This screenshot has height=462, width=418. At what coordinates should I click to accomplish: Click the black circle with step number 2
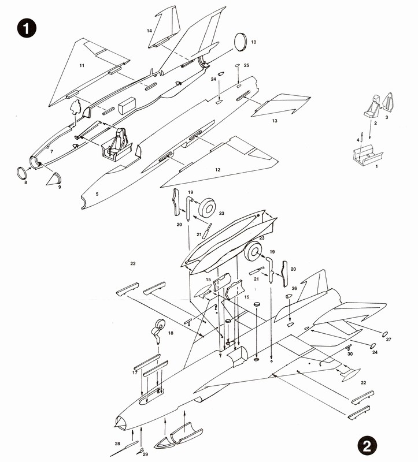pos(368,445)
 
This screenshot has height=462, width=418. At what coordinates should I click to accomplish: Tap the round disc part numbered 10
pos(241,40)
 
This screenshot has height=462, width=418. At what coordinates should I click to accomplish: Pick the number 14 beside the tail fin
pos(149,31)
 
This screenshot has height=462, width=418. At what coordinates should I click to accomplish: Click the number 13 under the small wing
pos(275,121)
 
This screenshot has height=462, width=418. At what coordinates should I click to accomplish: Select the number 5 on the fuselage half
pos(97,194)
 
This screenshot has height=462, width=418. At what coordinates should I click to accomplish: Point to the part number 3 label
pos(387,117)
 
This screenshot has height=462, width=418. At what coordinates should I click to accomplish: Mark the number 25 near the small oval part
pos(246,66)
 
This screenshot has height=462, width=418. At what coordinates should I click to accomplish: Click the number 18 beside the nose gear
pos(170,334)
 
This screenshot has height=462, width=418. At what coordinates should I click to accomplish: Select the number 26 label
pos(294,288)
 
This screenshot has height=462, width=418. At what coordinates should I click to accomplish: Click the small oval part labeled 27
pos(383,333)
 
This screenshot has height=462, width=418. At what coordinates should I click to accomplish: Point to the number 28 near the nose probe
pos(117,443)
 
